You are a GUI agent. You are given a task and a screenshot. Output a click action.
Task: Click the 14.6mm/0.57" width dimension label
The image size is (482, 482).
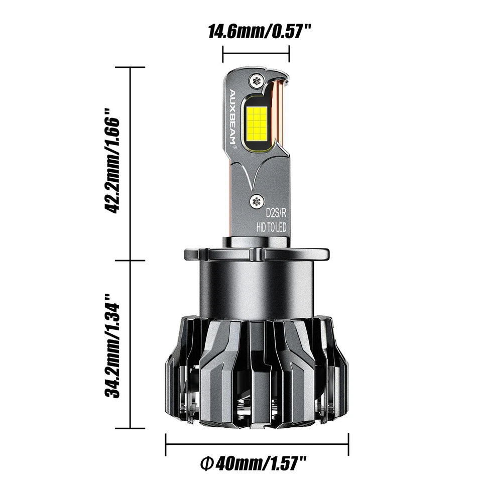(x=256, y=32)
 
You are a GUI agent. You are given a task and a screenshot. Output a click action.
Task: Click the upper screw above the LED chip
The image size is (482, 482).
(x=258, y=79)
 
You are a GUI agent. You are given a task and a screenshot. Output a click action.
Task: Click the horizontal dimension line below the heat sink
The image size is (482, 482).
(x=257, y=443)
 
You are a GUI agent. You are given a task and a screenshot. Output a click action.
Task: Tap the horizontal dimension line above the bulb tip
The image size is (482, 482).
(x=256, y=52)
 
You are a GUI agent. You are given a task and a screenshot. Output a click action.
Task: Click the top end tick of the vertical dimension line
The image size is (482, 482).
(x=131, y=67)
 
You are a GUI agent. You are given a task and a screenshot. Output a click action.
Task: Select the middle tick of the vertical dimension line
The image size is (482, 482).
(x=131, y=261)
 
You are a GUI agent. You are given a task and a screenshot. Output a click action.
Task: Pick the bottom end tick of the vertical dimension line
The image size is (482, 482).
(x=131, y=428)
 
